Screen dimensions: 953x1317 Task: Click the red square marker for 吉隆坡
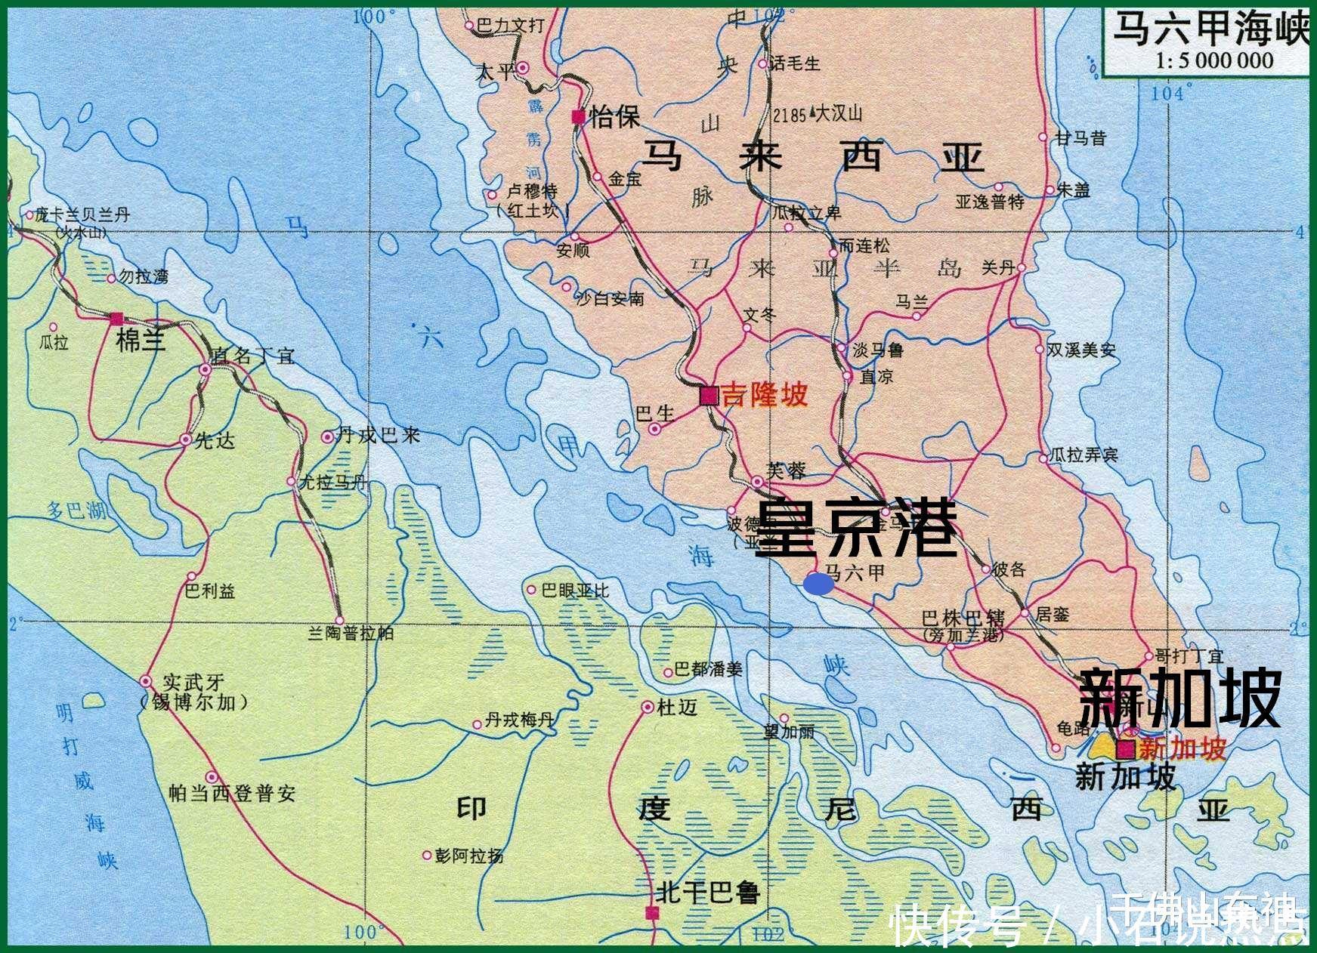(709, 396)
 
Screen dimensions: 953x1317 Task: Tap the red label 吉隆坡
(765, 395)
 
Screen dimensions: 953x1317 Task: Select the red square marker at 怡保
(578, 116)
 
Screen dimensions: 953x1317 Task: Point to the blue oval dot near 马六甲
(818, 583)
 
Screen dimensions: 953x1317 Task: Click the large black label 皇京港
(856, 528)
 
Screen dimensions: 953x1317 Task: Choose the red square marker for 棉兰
(116, 319)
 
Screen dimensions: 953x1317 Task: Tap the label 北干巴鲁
(706, 893)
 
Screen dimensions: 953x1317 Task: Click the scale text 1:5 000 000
(1214, 60)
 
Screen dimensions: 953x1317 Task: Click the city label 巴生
(654, 413)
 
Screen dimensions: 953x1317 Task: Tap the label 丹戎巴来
(378, 435)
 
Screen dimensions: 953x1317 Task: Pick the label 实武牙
(194, 683)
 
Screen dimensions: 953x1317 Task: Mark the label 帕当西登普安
(232, 793)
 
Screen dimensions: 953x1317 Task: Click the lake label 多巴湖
(76, 510)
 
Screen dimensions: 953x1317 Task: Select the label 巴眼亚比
(575, 590)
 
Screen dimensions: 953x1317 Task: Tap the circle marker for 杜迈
(648, 708)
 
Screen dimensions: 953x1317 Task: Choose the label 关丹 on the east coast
(997, 267)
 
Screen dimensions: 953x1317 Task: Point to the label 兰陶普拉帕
(351, 633)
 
